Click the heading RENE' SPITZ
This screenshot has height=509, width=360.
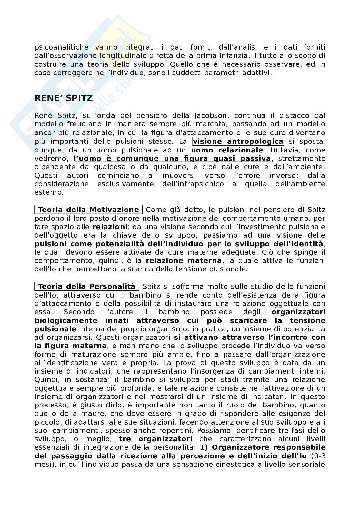point(64,98)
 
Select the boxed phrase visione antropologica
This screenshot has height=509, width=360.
point(238,142)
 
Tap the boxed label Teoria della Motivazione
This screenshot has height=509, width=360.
point(88,210)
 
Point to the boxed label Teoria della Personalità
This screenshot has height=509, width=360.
point(86,287)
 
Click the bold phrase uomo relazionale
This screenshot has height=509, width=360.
point(227,150)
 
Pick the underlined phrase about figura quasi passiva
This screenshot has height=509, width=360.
point(172,159)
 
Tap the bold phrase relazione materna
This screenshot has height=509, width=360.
point(184,260)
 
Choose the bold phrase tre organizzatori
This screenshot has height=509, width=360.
point(155,439)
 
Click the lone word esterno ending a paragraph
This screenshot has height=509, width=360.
point(49,193)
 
